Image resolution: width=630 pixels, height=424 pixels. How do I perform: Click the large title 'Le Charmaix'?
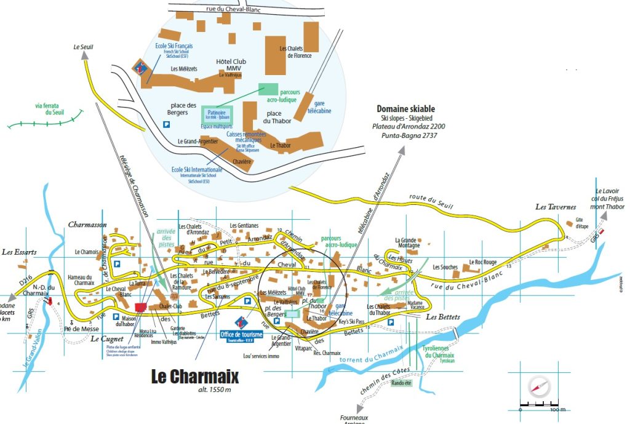(194, 376)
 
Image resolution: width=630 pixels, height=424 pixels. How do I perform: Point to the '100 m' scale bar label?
(557, 409)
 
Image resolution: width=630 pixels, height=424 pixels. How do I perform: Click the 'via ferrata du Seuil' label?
(50, 109)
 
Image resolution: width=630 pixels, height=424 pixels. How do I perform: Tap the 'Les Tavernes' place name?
(555, 207)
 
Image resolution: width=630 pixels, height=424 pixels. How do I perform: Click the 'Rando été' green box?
(402, 383)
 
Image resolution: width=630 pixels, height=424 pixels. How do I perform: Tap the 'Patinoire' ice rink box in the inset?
(216, 114)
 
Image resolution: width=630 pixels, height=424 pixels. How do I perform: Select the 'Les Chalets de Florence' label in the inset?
(295, 52)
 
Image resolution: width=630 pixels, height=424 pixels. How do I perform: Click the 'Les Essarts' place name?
(19, 252)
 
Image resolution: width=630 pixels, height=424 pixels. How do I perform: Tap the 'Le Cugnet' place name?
(103, 338)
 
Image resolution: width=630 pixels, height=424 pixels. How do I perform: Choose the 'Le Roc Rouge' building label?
(482, 262)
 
